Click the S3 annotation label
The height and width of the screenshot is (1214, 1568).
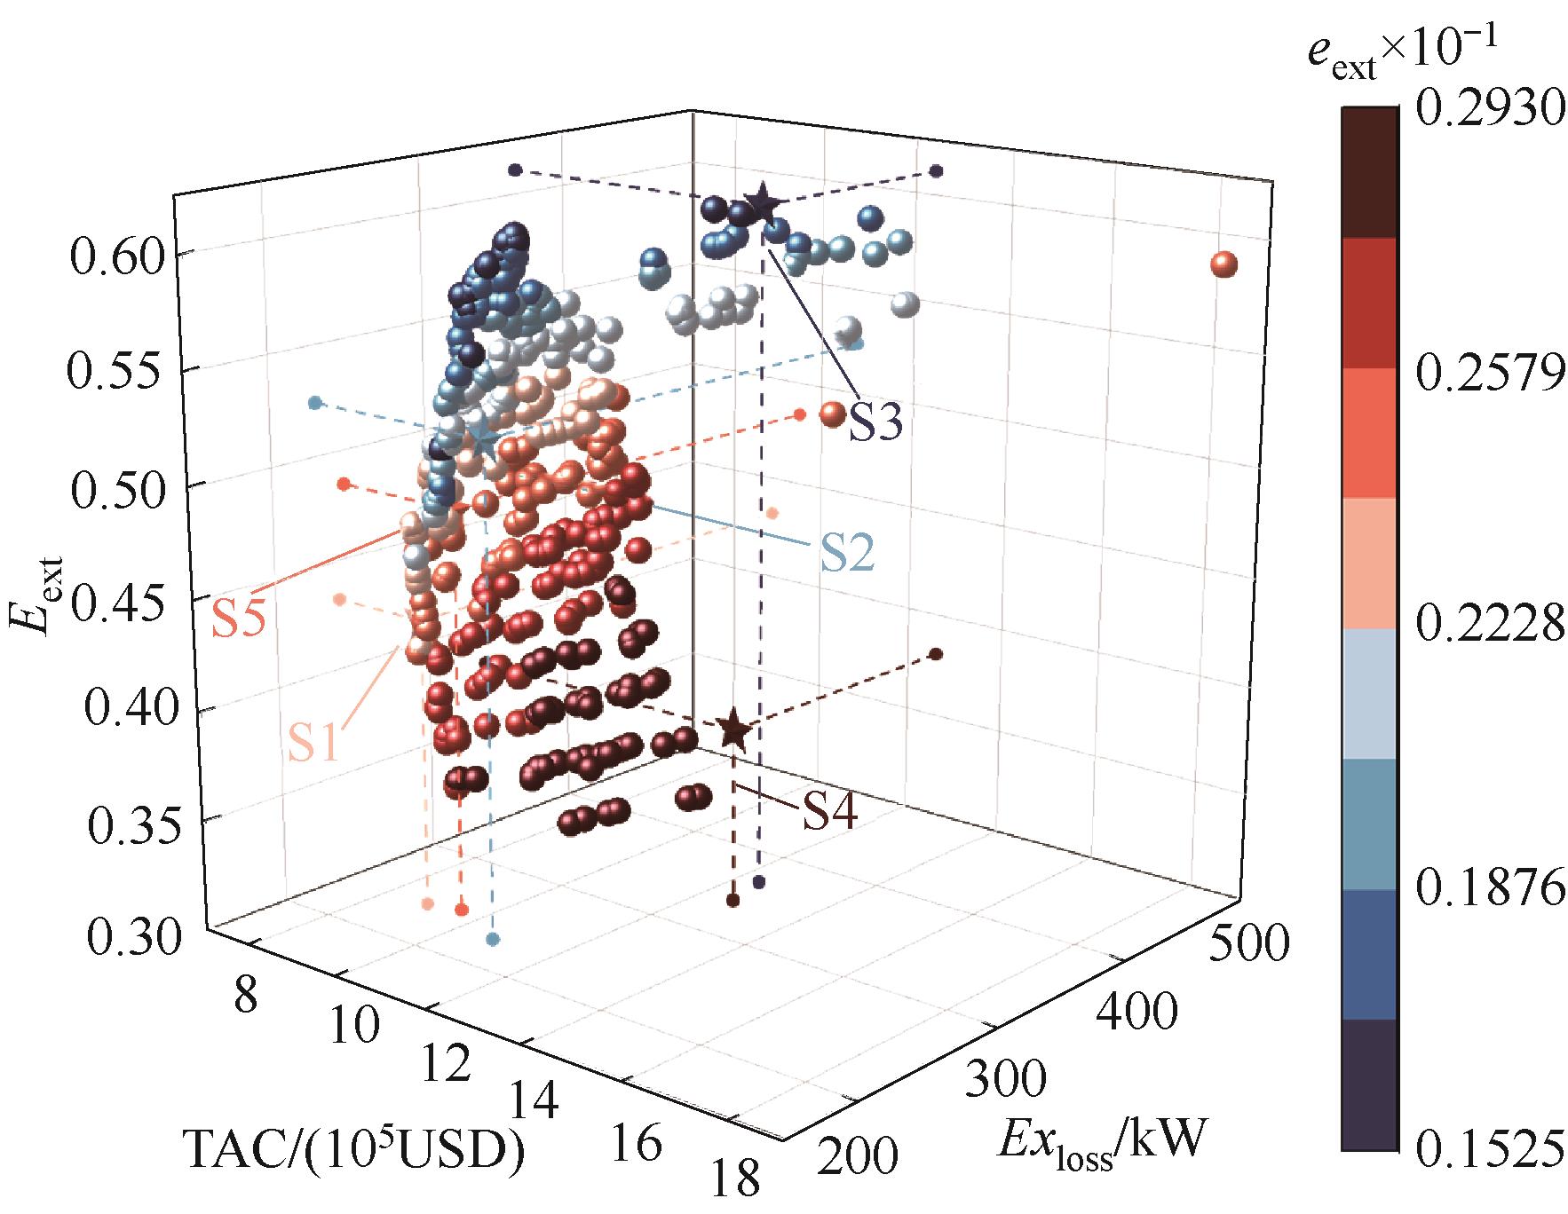point(875,422)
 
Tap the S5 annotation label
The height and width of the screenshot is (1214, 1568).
point(238,620)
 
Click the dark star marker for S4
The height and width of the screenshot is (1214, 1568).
point(733,729)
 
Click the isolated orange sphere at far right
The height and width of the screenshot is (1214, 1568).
point(1224,264)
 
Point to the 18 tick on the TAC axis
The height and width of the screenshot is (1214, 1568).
point(736,1182)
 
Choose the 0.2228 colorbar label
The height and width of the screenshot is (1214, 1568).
point(1487,627)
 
